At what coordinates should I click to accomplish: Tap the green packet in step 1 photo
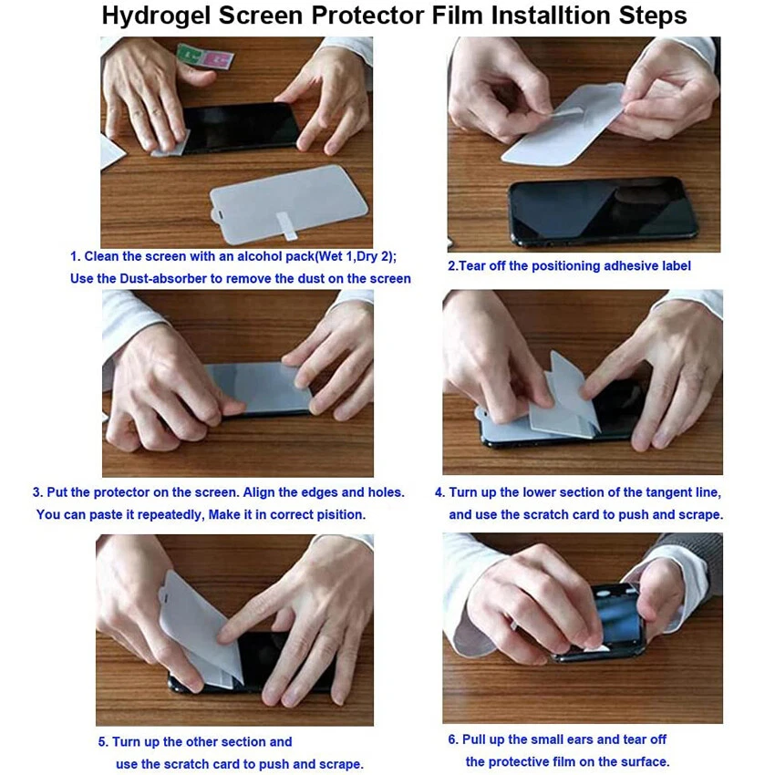(x=189, y=55)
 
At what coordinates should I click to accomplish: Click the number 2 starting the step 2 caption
(x=450, y=266)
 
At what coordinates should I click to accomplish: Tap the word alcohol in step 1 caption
(x=262, y=257)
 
